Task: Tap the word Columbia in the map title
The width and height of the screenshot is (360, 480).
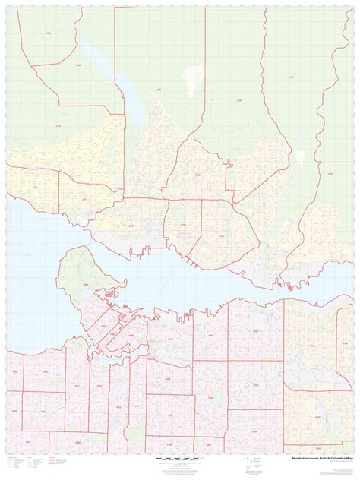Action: click(x=327, y=458)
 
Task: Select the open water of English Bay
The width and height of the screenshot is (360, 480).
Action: click(x=30, y=304)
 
